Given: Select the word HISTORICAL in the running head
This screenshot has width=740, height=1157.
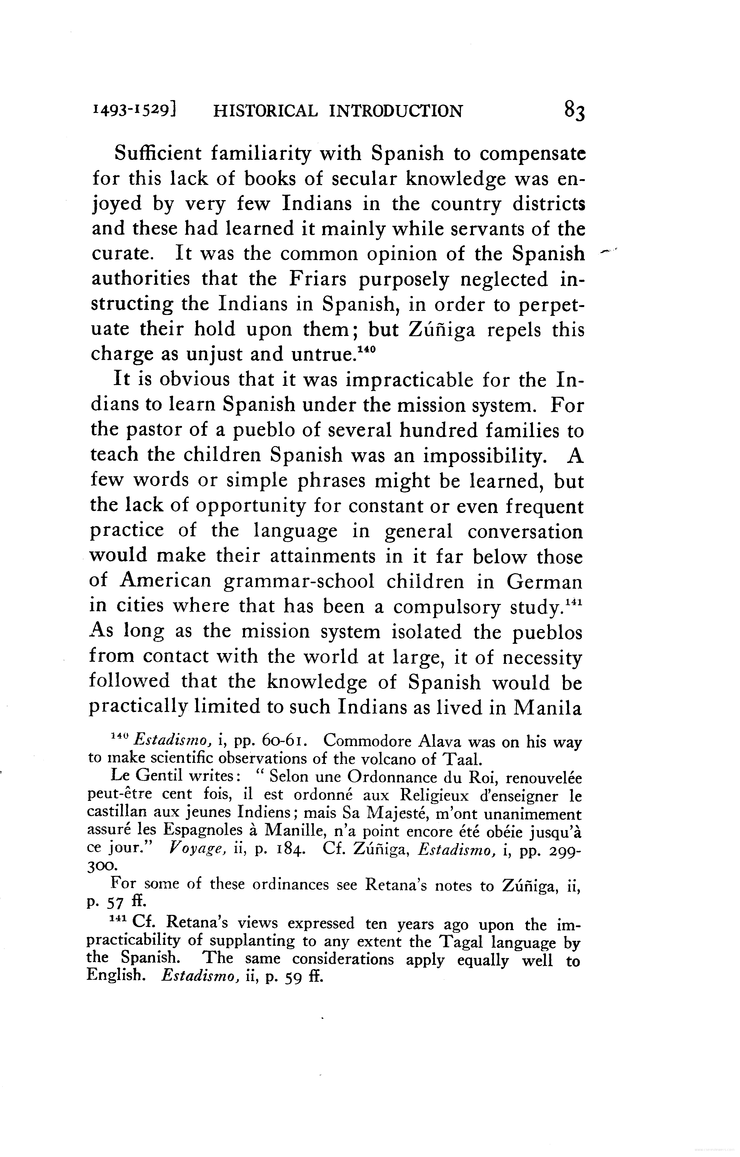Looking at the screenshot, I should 265,111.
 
